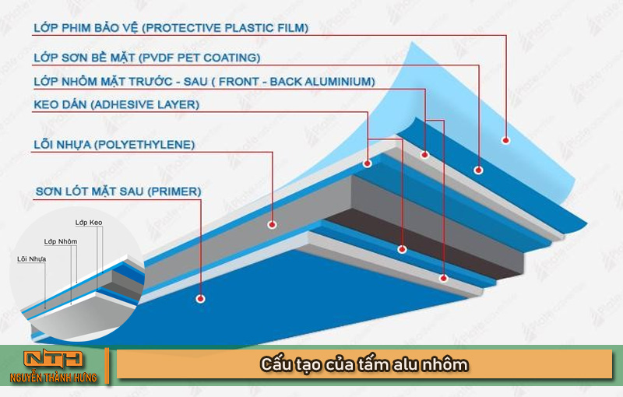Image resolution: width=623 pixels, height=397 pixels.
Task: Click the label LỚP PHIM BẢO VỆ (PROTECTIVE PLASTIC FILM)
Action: (171, 28)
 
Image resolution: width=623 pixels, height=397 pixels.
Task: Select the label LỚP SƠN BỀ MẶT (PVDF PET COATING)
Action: (147, 58)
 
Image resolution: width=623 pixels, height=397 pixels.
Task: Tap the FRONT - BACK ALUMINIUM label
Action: (297, 82)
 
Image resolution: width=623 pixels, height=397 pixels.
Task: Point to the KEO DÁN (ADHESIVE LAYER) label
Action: (116, 105)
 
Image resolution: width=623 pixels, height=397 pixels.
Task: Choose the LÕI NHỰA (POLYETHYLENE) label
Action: (114, 145)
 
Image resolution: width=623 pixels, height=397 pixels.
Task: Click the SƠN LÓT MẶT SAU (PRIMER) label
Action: (118, 191)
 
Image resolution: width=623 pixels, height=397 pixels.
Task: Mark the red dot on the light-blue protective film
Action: (505, 140)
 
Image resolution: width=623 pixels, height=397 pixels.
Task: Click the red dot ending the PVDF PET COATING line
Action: (478, 170)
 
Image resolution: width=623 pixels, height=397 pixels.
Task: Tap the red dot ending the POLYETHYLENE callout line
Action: (272, 225)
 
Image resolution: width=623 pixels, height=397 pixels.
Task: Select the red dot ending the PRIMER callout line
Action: (201, 299)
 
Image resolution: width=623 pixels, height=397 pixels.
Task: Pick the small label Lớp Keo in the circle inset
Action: (89, 223)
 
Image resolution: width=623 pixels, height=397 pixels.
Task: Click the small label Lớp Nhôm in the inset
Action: (61, 241)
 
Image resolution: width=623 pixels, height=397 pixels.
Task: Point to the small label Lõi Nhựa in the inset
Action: (32, 259)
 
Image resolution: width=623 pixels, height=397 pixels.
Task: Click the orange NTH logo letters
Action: (53, 359)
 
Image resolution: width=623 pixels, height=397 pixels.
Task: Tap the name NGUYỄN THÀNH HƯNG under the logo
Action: (54, 378)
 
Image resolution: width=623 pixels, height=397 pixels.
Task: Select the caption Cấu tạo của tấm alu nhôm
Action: (364, 364)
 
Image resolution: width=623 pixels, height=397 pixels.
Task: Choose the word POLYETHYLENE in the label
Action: (145, 145)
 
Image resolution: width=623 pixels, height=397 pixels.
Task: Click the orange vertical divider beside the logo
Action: (107, 366)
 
